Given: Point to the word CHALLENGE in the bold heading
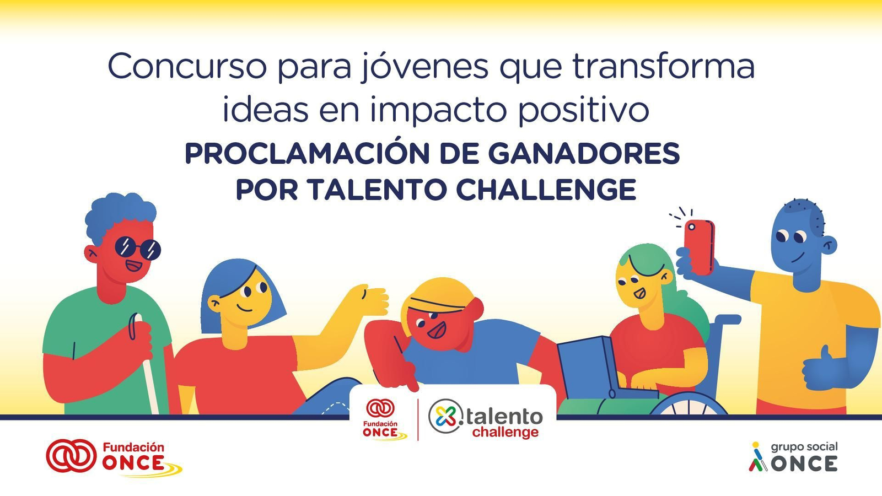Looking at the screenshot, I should click(546, 190).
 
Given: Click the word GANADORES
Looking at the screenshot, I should click(584, 154).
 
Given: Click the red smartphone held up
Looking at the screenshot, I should click(699, 246).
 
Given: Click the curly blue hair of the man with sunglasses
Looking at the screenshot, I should click(120, 212).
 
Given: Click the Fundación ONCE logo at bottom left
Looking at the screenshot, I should click(113, 456).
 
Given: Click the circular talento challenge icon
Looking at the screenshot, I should click(445, 416).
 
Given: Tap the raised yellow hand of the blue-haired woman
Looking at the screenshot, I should click(369, 300).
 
